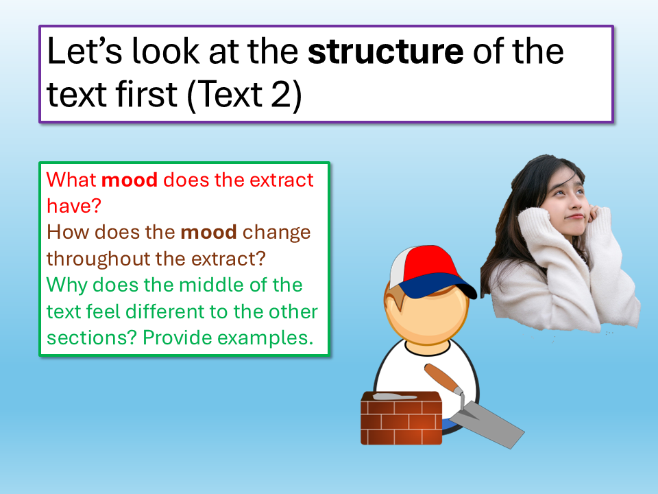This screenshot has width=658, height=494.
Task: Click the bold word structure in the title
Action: (x=386, y=52)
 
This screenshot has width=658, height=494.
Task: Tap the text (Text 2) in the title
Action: (x=244, y=95)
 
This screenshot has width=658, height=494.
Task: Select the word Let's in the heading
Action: (x=85, y=51)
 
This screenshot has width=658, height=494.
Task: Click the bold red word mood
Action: (x=130, y=180)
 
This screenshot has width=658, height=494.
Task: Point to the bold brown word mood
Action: (x=208, y=232)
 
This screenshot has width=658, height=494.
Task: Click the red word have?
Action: (x=74, y=206)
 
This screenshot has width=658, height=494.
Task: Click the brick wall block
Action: (x=401, y=418)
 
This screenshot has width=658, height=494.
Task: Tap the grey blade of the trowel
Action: (x=489, y=423)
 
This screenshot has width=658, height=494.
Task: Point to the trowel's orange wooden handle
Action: (x=443, y=377)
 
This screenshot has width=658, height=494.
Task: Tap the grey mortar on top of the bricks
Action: (x=395, y=396)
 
